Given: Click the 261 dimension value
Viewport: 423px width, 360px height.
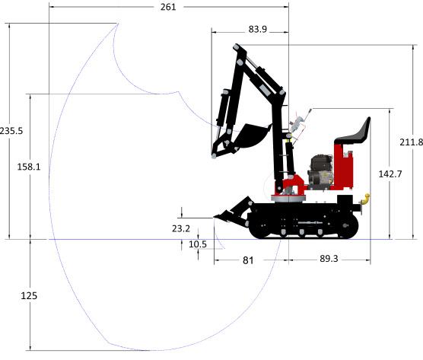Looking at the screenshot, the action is click(x=168, y=7).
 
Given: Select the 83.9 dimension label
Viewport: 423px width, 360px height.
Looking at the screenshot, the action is click(x=258, y=29).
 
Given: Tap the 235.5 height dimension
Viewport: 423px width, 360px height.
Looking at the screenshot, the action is click(x=11, y=131).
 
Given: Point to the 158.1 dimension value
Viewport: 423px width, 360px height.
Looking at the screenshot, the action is click(x=29, y=167).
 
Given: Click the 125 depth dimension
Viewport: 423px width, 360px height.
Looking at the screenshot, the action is click(x=29, y=296).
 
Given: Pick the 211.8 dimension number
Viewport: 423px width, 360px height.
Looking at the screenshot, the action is click(x=411, y=142).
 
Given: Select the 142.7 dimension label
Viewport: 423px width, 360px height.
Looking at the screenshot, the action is click(x=390, y=174).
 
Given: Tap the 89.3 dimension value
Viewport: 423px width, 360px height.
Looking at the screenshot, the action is click(x=329, y=259).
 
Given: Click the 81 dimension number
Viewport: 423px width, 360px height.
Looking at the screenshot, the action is click(x=248, y=260).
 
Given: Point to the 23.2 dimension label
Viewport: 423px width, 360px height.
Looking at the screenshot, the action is click(x=181, y=228).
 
